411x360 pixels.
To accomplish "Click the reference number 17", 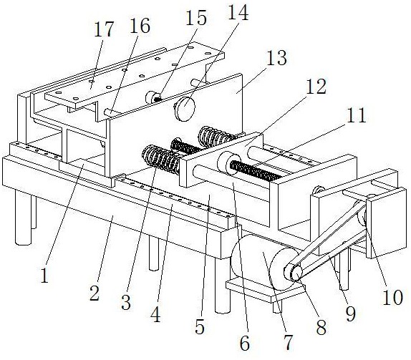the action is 104,29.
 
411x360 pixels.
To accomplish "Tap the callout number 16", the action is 140,26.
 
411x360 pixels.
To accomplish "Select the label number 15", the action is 195,18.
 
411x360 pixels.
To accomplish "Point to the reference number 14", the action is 238,13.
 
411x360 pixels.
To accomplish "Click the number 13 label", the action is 276,58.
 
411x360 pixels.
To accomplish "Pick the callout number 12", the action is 316,87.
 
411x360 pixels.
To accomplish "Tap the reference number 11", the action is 357,115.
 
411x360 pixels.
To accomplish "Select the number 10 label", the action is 392,298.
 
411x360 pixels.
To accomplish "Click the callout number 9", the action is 351,313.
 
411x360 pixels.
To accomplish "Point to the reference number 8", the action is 321,328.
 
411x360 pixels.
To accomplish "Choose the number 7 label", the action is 288,342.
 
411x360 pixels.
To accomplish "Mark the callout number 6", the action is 245,344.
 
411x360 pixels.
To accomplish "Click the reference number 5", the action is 200,326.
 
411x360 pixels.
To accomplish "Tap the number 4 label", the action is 155,314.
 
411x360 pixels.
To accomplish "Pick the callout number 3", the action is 126,302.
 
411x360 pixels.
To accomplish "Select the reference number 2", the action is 95,293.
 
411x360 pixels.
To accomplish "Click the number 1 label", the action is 45,276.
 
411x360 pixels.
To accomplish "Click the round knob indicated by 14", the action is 185,109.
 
